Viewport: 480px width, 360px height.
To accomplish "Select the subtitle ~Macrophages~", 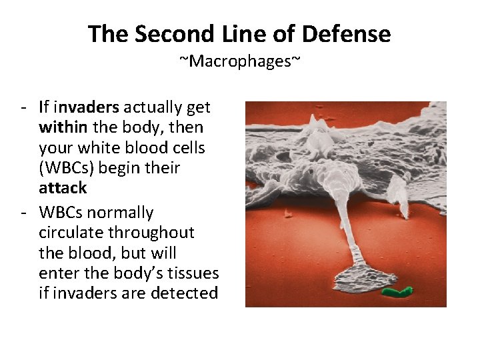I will tap(240, 62).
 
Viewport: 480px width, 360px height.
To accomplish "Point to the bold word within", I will tap(63, 127).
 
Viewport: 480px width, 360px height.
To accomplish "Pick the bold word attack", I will tap(63, 188).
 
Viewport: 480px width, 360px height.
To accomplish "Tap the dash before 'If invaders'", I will tap(24, 107).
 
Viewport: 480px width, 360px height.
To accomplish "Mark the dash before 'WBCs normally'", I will tap(24, 213).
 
